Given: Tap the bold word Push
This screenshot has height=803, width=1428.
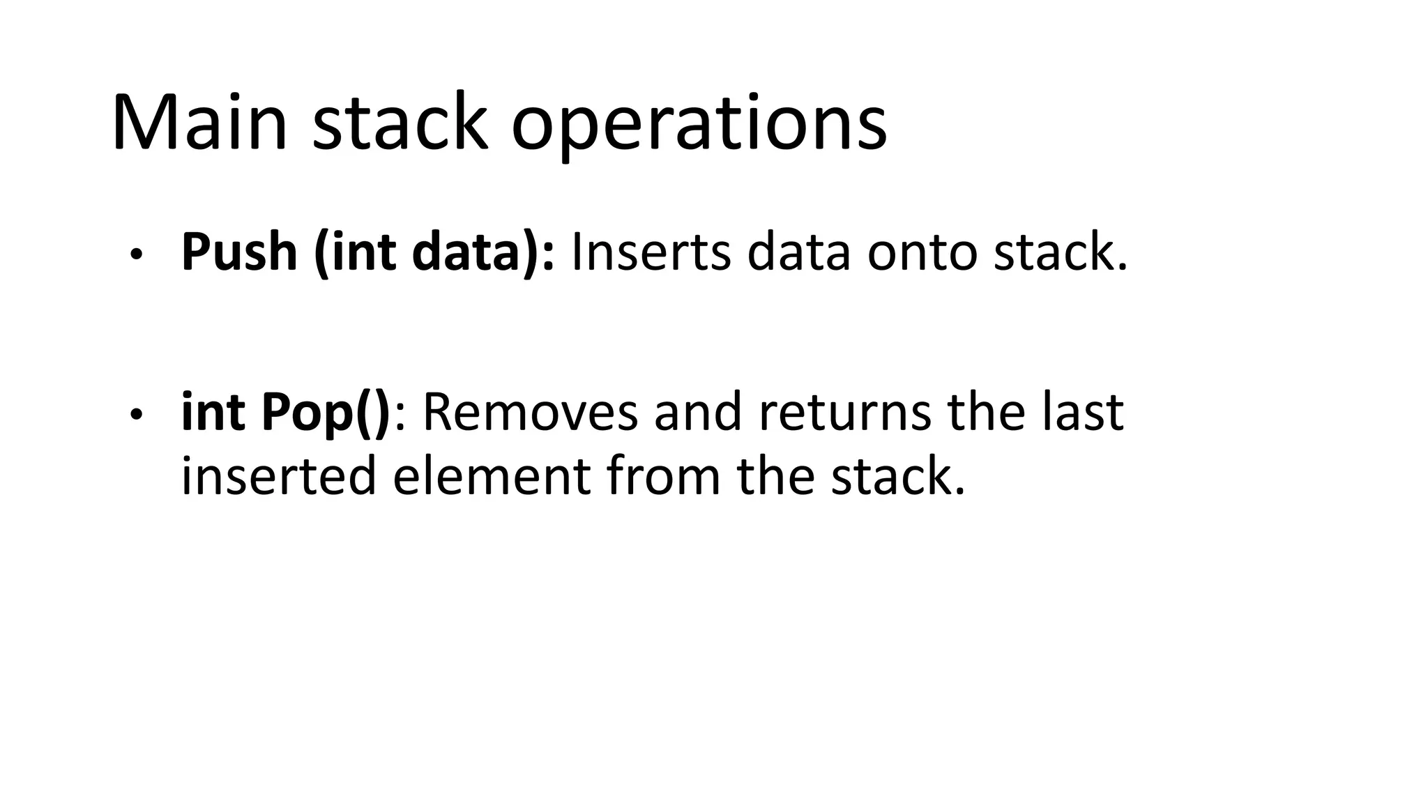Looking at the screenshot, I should tap(239, 252).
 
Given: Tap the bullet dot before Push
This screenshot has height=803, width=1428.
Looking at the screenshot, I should tap(136, 254).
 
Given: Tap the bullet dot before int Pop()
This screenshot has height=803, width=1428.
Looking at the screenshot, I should tap(136, 415).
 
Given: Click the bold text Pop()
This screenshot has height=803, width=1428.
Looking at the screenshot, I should tap(326, 413).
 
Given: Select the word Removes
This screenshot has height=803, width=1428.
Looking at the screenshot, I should tap(530, 412).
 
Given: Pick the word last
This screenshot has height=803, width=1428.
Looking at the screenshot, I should tap(1083, 411).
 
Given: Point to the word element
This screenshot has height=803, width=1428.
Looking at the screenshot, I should tap(491, 476).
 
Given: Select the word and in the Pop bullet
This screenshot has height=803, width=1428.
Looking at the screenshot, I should tap(698, 412).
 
